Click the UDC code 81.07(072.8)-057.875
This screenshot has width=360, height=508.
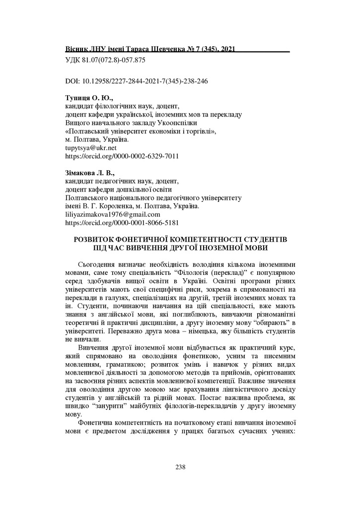point(105,60)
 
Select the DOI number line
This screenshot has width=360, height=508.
point(137,81)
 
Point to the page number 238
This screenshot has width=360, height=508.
point(180,467)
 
